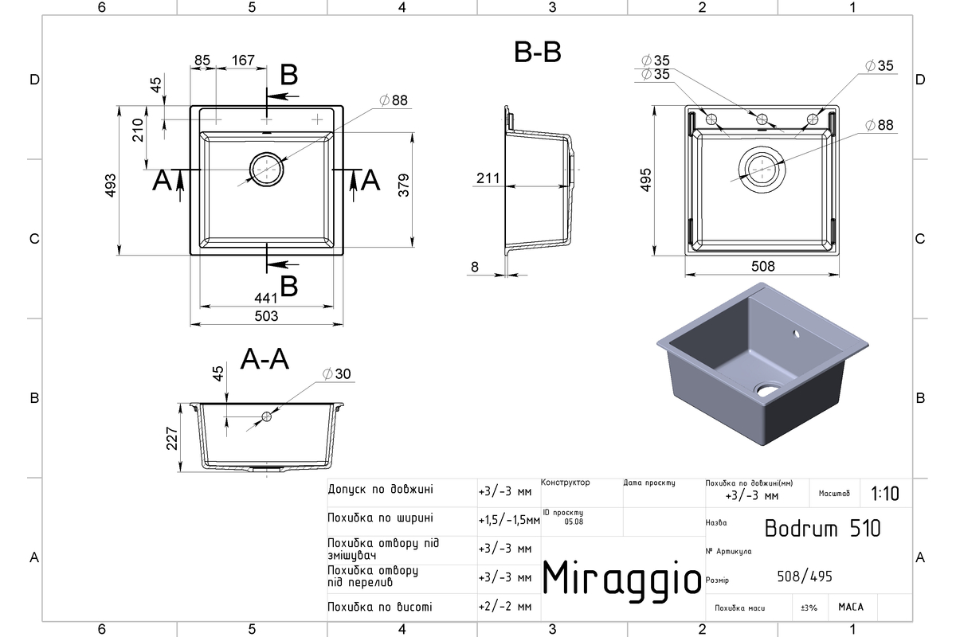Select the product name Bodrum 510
pyautogui.click(x=822, y=529)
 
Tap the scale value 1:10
pyautogui.click(x=885, y=494)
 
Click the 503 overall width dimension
pyautogui.click(x=266, y=316)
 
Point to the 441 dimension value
pyautogui.click(x=266, y=298)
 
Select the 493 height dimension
pyautogui.click(x=111, y=186)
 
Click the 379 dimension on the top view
pyautogui.click(x=404, y=186)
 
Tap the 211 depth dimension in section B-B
pyautogui.click(x=488, y=178)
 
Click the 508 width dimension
pyautogui.click(x=762, y=267)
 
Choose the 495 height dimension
pyautogui.click(x=646, y=180)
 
